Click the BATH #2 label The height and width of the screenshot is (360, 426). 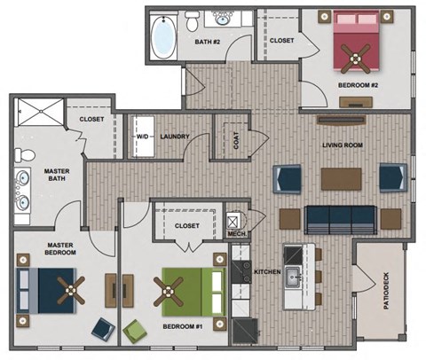coord(208,42)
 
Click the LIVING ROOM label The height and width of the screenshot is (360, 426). coord(342,145)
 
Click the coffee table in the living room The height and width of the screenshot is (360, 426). coord(342,178)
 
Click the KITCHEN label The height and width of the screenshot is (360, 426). coord(268,270)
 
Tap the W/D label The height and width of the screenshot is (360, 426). coord(141,137)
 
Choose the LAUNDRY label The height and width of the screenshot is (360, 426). coord(177,137)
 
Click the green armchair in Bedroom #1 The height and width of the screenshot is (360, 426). coord(137,332)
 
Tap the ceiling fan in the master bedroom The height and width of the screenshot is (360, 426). coord(68,288)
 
